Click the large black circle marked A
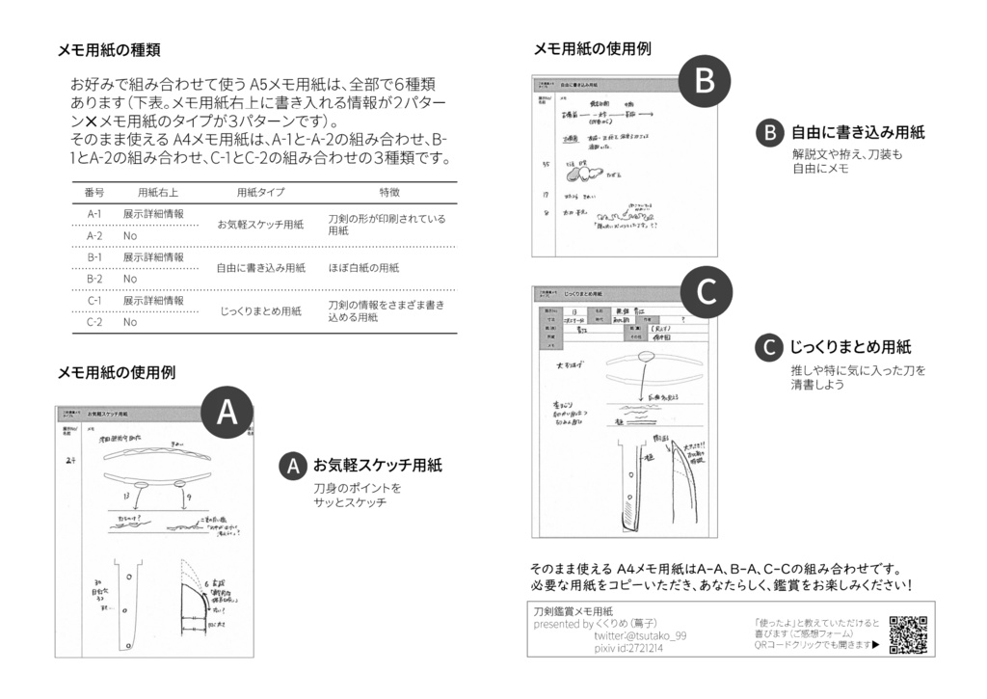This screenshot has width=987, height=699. (x=227, y=412)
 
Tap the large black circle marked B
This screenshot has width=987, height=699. (x=705, y=82)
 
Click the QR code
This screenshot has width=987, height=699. (x=908, y=634)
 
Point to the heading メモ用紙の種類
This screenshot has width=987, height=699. (x=109, y=50)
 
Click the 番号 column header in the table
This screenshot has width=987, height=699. (x=94, y=192)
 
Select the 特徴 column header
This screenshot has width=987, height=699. (x=389, y=192)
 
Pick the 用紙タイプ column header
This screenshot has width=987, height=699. (x=260, y=192)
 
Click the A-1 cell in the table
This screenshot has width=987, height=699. (x=94, y=214)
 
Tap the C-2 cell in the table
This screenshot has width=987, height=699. (x=94, y=322)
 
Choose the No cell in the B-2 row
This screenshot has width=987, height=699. (x=130, y=279)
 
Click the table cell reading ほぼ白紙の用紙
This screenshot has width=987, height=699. (x=363, y=268)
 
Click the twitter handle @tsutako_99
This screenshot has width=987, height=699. (x=640, y=636)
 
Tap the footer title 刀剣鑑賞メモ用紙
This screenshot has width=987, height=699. (x=573, y=611)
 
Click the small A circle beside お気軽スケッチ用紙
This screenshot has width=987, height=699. (x=293, y=466)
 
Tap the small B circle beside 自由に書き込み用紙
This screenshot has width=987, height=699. (x=770, y=133)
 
